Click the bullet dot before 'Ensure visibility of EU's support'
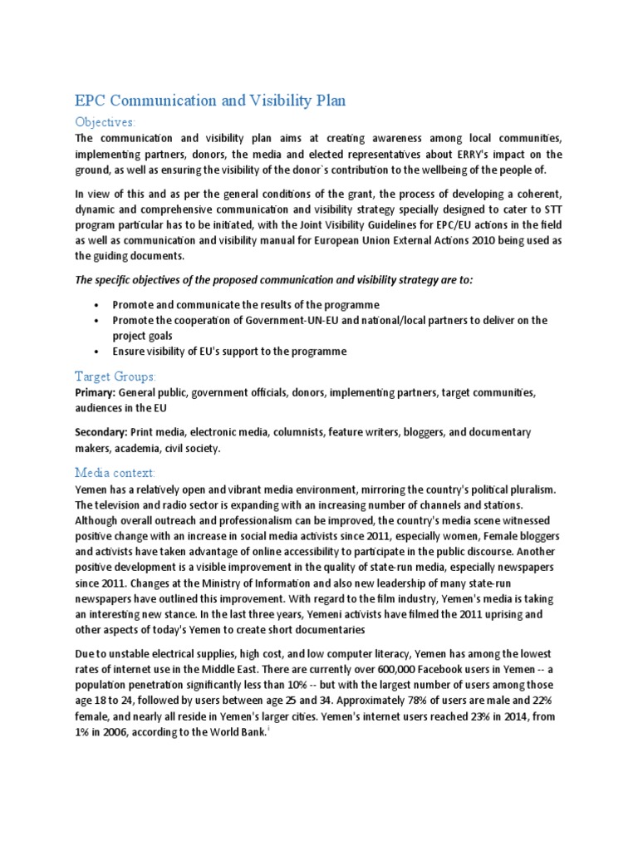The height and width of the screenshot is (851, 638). [x=98, y=352]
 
